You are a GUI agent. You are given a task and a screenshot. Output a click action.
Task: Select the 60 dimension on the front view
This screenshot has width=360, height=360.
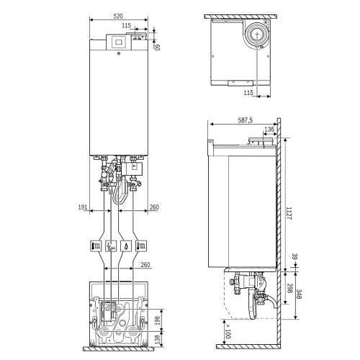tap(157, 47)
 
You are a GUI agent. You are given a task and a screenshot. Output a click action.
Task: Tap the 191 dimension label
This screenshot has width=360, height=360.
tap(84, 207)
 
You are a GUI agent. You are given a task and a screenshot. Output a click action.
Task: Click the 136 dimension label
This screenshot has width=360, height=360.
tap(269, 130)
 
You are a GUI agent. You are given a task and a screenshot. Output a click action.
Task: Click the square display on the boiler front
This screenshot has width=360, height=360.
tap(117, 42)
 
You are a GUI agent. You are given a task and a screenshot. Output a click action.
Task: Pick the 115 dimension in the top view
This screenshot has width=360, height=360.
tap(248, 93)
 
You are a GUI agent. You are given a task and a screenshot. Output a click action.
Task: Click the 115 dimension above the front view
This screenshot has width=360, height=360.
tap(127, 26)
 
